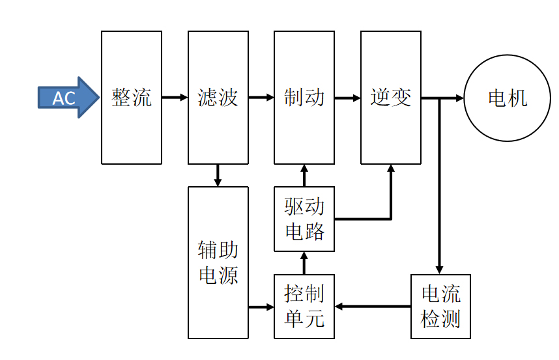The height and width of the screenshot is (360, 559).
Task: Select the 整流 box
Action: [x=132, y=98]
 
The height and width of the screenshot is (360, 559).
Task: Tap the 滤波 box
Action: [x=218, y=98]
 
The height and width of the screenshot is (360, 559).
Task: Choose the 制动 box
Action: [x=304, y=98]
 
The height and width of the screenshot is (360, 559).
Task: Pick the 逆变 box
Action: [x=391, y=98]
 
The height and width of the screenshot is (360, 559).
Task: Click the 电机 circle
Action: [x=507, y=98]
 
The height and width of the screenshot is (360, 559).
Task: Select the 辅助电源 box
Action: [x=218, y=262]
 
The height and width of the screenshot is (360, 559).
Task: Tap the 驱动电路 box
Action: [x=304, y=219]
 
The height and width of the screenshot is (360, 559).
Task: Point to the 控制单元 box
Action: [x=304, y=306]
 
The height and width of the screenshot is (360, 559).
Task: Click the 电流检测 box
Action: [x=440, y=306]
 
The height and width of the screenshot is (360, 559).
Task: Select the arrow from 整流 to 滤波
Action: [x=175, y=98]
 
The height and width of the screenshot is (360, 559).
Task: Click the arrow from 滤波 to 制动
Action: [x=261, y=98]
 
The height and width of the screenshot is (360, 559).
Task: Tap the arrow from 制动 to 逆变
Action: [x=348, y=98]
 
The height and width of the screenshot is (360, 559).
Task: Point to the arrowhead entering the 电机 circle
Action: [x=459, y=98]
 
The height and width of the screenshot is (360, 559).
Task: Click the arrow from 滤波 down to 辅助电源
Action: [x=218, y=175]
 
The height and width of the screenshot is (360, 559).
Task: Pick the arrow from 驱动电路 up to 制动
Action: [x=304, y=175]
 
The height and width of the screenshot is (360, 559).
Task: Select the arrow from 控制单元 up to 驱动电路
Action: [x=304, y=262]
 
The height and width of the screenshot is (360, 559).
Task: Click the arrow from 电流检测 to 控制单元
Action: [x=372, y=306]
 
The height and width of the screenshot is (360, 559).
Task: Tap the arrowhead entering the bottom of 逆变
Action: [x=391, y=169]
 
